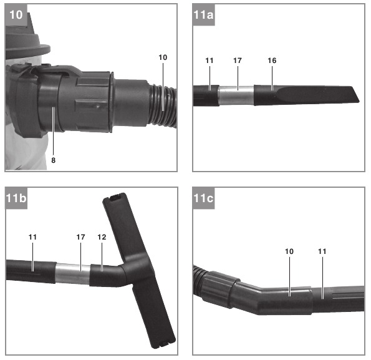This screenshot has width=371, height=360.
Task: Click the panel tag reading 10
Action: tap(16, 15)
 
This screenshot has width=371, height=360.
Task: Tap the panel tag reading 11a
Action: tap(203, 15)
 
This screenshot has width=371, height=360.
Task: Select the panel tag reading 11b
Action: tap(16, 198)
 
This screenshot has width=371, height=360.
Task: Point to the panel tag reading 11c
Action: tap(203, 198)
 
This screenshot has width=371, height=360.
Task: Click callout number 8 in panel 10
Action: tap(54, 160)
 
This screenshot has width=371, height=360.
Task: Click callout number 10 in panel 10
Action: tap(163, 57)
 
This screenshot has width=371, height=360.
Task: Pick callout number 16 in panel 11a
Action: tap(272, 61)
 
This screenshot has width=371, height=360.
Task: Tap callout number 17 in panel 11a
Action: tap(238, 61)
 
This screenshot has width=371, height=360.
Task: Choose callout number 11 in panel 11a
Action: tap(210, 61)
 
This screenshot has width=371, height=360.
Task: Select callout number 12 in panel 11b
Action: tap(102, 237)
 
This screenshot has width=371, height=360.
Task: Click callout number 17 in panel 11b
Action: tap(80, 237)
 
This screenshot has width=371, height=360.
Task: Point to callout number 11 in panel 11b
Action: tap(32, 237)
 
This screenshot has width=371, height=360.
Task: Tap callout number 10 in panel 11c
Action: tap(289, 251)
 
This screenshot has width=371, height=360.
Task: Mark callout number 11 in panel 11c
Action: tap(322, 251)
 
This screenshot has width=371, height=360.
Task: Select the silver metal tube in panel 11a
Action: tap(236, 96)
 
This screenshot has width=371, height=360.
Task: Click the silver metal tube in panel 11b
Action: tap(72, 274)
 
